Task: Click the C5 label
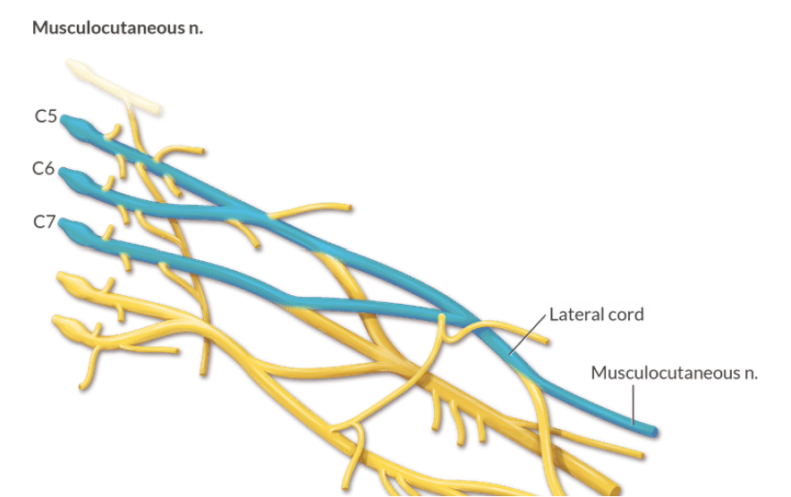[46, 116]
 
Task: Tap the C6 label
[44, 168]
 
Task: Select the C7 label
[45, 222]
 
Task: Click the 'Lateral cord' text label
[596, 314]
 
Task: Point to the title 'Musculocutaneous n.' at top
[117, 28]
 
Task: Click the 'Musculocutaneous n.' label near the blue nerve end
[674, 372]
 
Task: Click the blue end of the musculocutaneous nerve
[653, 432]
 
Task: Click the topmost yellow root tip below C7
[64, 278]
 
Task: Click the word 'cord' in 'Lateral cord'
[625, 314]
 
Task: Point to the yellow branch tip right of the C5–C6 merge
[348, 207]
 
